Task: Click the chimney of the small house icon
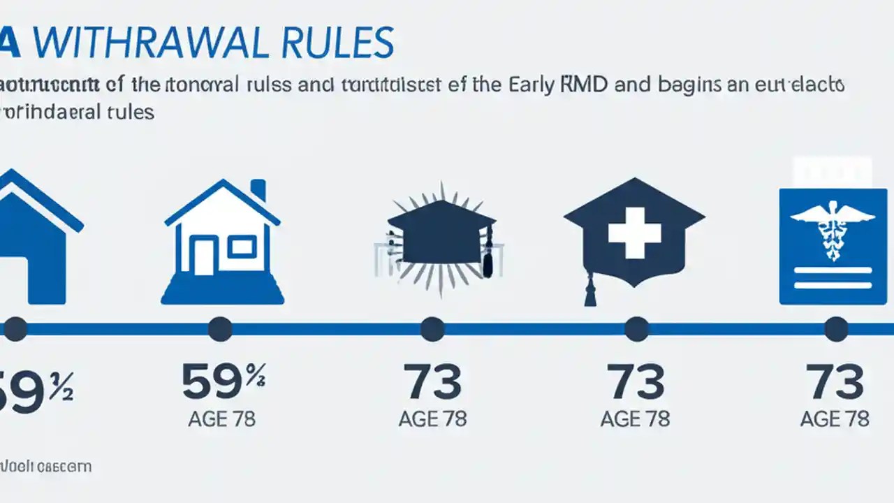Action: coord(258,189)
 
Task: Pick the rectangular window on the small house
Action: coord(242,245)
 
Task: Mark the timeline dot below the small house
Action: coord(220,328)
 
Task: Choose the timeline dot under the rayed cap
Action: coord(432,328)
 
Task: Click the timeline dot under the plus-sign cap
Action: coord(636,328)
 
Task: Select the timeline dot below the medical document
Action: coord(836,328)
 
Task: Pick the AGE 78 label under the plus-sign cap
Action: coord(635,419)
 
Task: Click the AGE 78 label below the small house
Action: coord(221,419)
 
